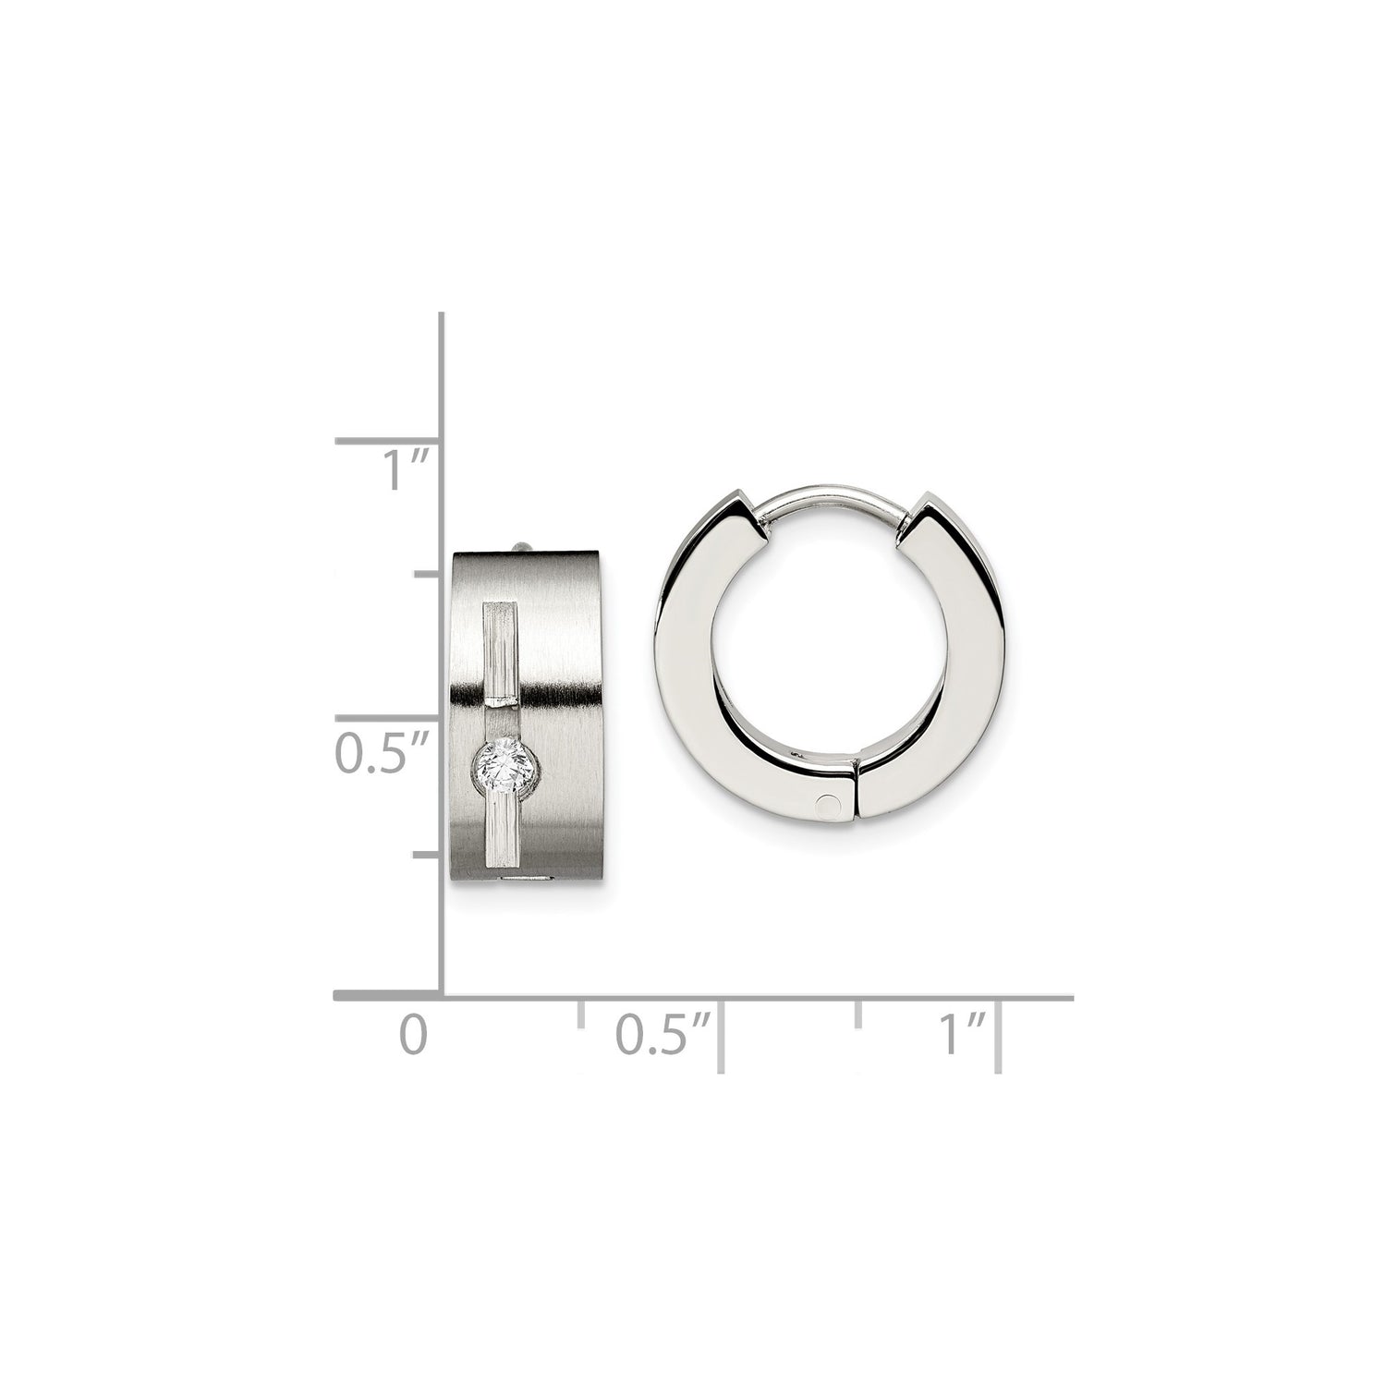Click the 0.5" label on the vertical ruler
[x=382, y=753]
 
